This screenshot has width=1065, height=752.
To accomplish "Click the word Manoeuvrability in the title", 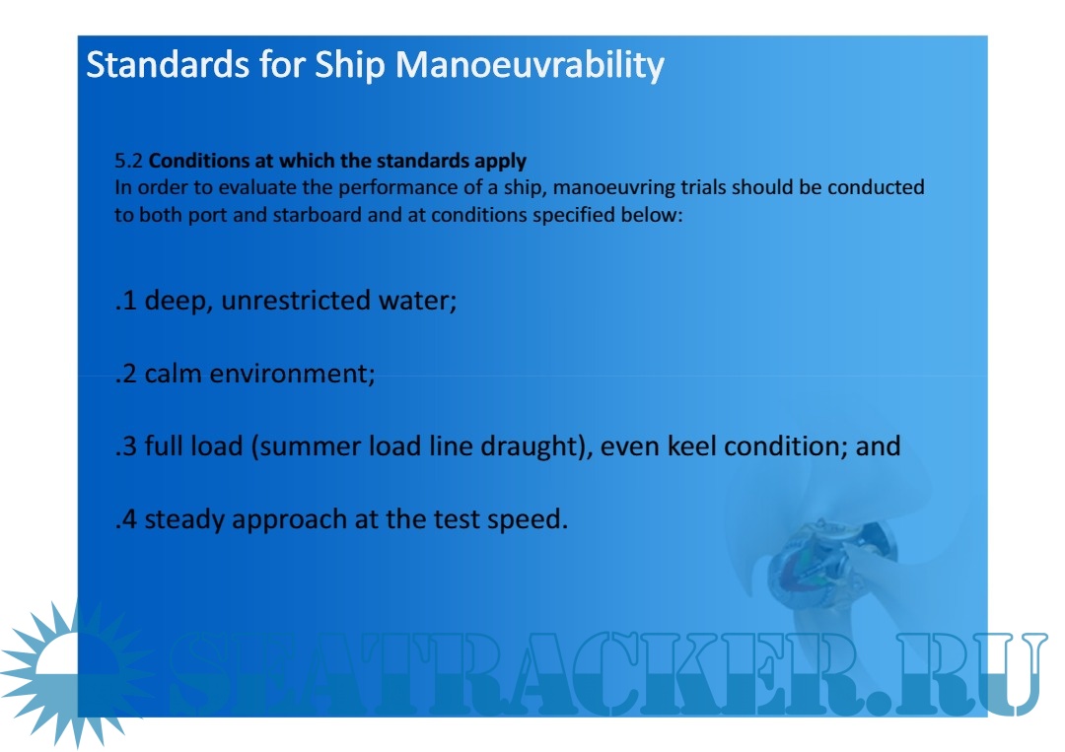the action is coord(530,66).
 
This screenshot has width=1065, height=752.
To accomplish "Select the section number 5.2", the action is coord(128,161).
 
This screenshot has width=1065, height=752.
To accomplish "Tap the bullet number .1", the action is coord(126,300).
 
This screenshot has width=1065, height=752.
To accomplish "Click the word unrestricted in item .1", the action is coord(296,300).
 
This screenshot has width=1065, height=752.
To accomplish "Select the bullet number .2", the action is coord(126,374).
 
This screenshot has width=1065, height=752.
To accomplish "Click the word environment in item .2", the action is coord(292,374).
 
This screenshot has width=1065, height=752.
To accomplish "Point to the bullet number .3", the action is coord(126,445).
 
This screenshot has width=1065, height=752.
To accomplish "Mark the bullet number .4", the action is coord(126,519).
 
